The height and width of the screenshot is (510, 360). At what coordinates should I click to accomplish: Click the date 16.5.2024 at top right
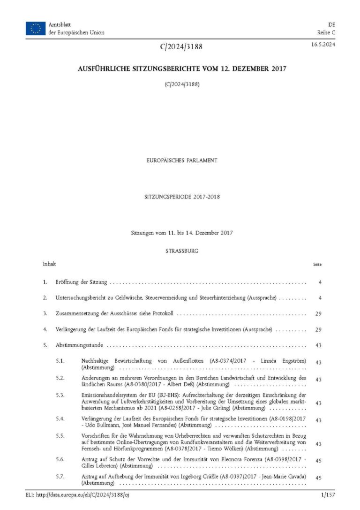(x=322, y=45)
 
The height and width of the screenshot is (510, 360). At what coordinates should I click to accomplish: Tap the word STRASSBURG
(x=182, y=251)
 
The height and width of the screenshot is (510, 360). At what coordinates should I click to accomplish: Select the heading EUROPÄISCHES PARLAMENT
(x=182, y=160)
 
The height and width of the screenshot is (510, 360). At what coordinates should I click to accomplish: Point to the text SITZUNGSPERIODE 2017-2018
(x=182, y=197)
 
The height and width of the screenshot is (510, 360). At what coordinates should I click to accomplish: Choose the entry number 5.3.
(x=60, y=396)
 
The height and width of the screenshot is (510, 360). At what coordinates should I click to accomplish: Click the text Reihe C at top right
(x=326, y=32)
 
